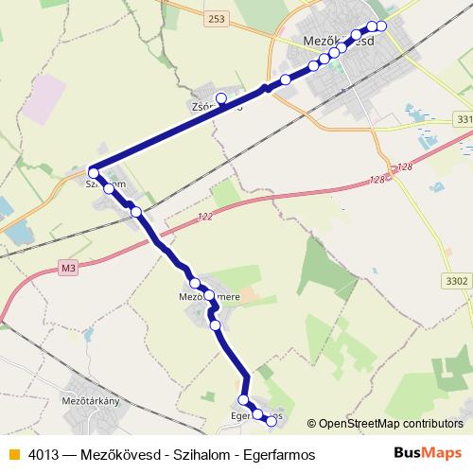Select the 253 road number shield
pos(218,19)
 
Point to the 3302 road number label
pos(455,281)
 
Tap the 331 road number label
pos(463,119)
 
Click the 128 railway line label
pos(378,179)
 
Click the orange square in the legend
pos(13,454)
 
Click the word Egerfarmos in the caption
pos(279,454)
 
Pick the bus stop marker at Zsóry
pos(221,97)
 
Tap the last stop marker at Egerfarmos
pos(272,420)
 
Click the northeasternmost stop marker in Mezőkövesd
pos(381,26)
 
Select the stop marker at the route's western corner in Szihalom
pos(93,172)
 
